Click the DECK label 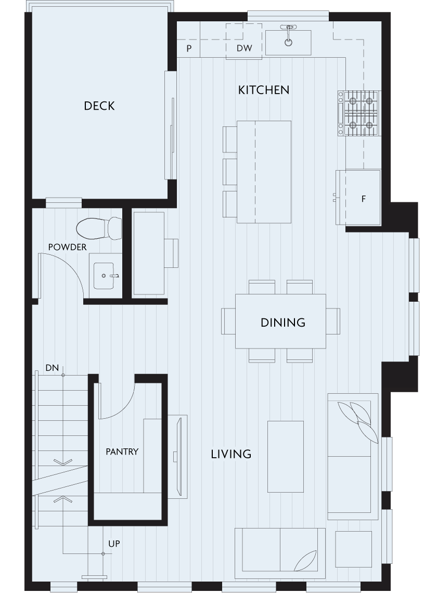(99, 106)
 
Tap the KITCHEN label (264, 90)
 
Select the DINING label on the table (283, 323)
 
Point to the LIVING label (231, 454)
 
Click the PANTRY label (122, 452)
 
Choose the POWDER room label (67, 247)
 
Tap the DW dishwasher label (245, 48)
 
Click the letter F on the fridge (364, 199)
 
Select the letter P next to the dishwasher (189, 48)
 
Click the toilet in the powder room (99, 228)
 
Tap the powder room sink (104, 276)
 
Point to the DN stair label (52, 368)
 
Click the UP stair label (114, 544)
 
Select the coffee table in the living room (286, 457)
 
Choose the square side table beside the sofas (353, 549)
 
